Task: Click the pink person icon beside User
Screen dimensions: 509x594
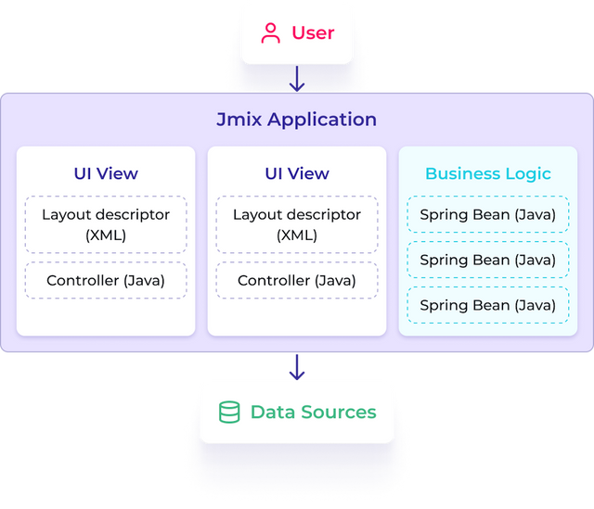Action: tap(271, 33)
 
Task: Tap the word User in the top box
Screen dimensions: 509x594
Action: tap(313, 33)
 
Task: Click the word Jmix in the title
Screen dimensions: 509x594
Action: tap(240, 120)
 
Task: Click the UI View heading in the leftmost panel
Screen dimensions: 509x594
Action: tap(106, 173)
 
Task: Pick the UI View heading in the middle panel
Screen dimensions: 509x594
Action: tap(297, 173)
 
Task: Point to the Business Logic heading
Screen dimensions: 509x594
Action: tap(488, 173)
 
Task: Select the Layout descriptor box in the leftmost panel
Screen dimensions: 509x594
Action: tap(106, 224)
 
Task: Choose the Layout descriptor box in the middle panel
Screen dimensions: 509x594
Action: tap(297, 224)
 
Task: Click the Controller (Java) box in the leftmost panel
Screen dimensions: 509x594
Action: tap(106, 280)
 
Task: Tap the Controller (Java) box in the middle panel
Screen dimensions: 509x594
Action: tap(297, 280)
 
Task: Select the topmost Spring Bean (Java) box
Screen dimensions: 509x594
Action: tap(488, 215)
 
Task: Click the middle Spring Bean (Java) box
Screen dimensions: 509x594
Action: tap(488, 261)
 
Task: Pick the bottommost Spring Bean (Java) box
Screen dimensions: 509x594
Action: tap(488, 305)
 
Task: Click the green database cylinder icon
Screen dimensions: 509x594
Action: tap(228, 413)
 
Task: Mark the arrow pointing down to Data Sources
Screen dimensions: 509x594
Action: tap(297, 367)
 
